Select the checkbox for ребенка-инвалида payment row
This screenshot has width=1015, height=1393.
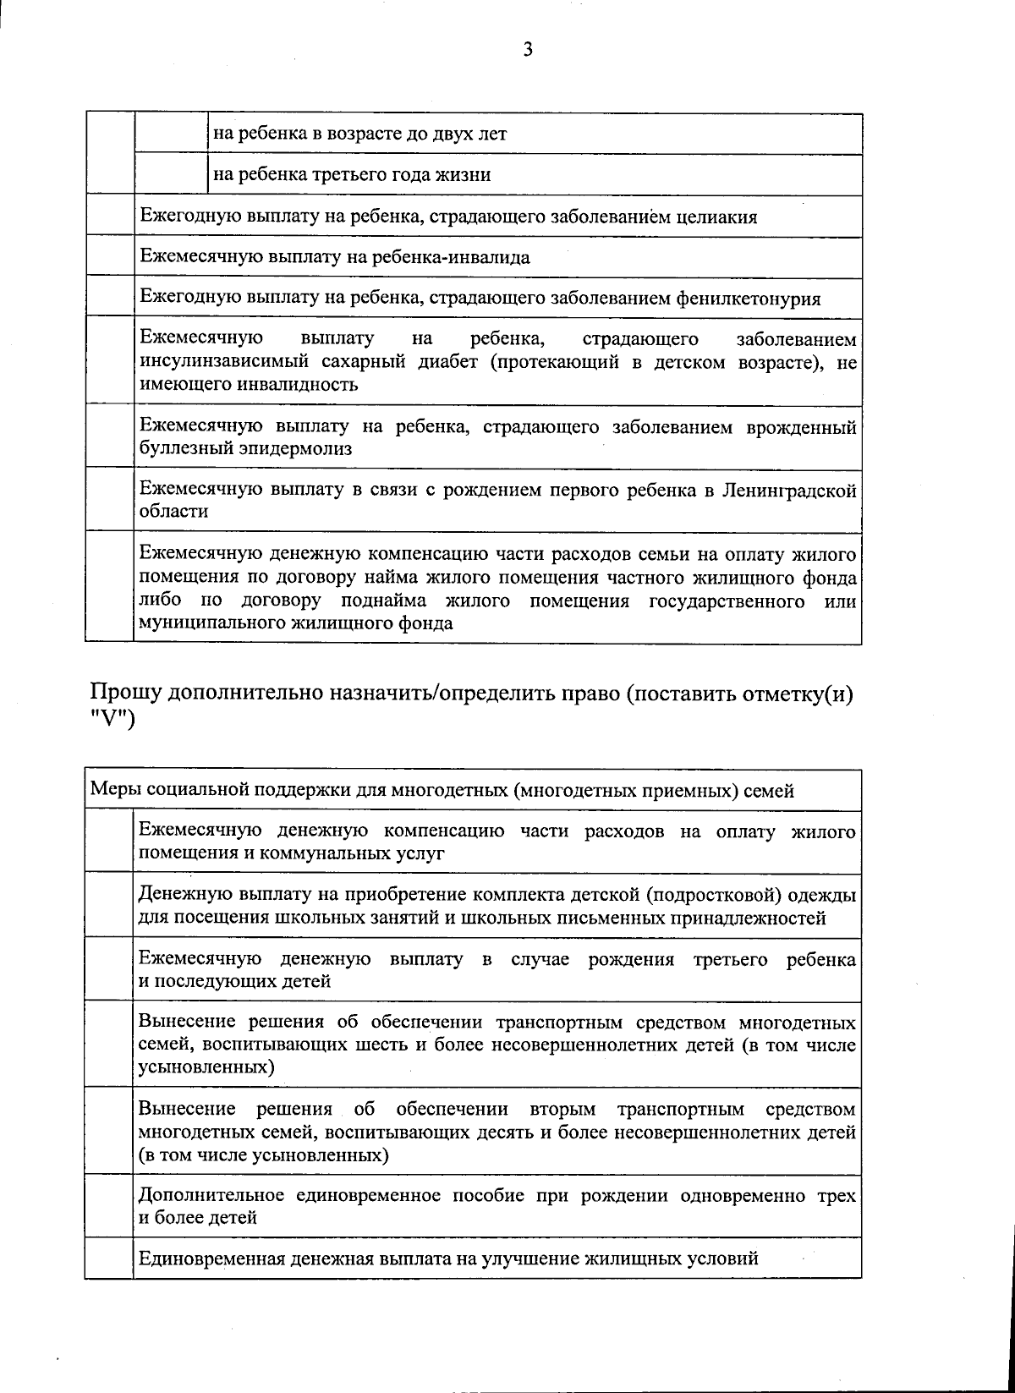pos(110,257)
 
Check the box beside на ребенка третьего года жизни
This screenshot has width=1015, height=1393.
pos(171,175)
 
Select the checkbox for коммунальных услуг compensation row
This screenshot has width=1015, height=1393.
pos(110,842)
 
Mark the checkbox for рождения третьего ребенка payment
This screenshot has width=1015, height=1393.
pos(110,969)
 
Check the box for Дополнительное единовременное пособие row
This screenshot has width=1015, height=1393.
pos(110,1206)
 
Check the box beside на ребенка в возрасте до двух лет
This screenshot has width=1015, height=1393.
pos(171,134)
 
